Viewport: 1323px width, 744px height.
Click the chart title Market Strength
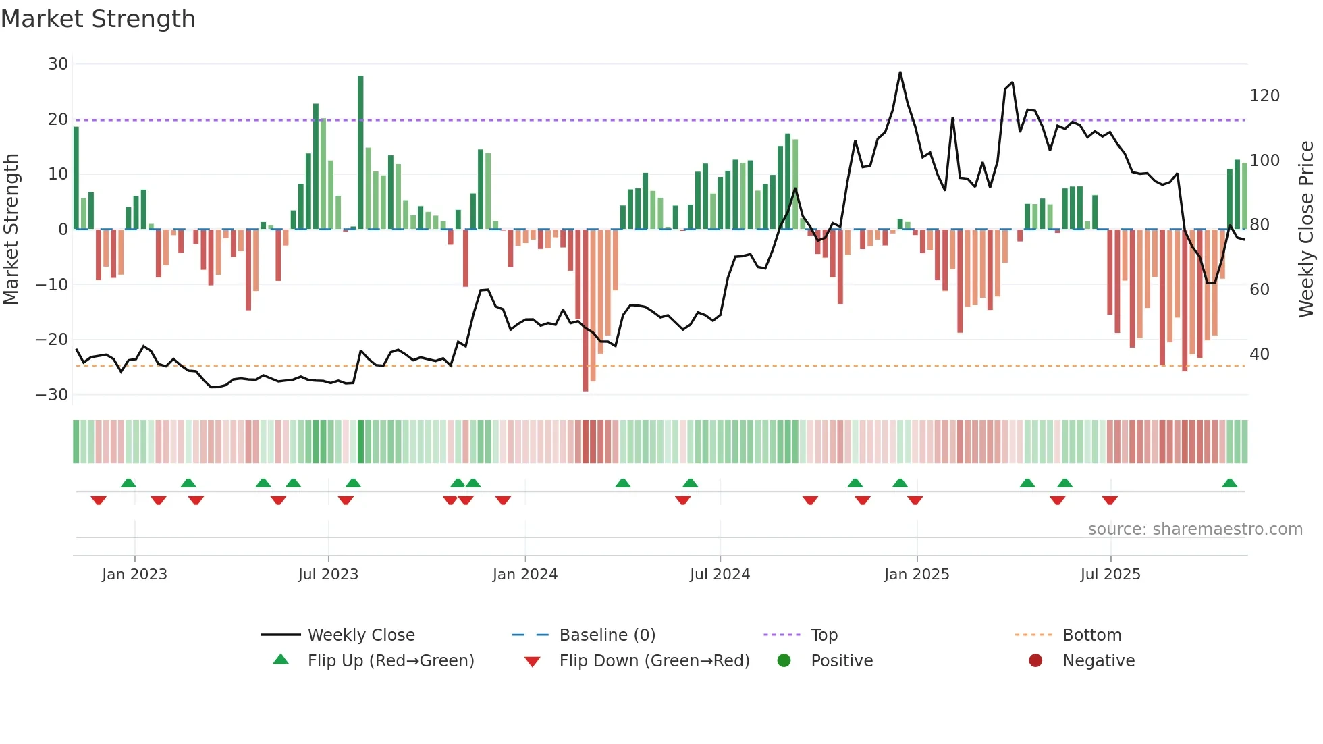pos(98,19)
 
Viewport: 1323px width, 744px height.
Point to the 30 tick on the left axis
pos(58,64)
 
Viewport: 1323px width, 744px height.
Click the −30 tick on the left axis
pos(52,394)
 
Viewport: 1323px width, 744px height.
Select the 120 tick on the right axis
pos(1264,96)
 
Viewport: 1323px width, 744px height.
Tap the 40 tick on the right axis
pos(1260,354)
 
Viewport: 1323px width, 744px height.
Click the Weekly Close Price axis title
pos(1307,230)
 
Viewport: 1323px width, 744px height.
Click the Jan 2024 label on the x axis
pos(524,575)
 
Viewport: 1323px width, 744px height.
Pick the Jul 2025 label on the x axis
pos(1110,575)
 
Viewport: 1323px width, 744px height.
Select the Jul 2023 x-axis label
pos(328,575)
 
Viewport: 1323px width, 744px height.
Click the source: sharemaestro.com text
pos(1195,529)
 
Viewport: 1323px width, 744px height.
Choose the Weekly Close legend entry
pos(361,635)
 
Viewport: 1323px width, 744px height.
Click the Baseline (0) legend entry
pos(607,635)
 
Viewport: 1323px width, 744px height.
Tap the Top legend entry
pos(823,635)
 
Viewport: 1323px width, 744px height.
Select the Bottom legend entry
pos(1091,635)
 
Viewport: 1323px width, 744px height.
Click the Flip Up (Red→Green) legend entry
pos(390,661)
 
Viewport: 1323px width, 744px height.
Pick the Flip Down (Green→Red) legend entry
pos(654,661)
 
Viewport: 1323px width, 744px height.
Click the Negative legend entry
pos(1098,661)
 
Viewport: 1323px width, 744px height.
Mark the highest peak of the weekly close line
pos(900,72)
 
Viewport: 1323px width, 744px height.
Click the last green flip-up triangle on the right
pos(1229,483)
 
